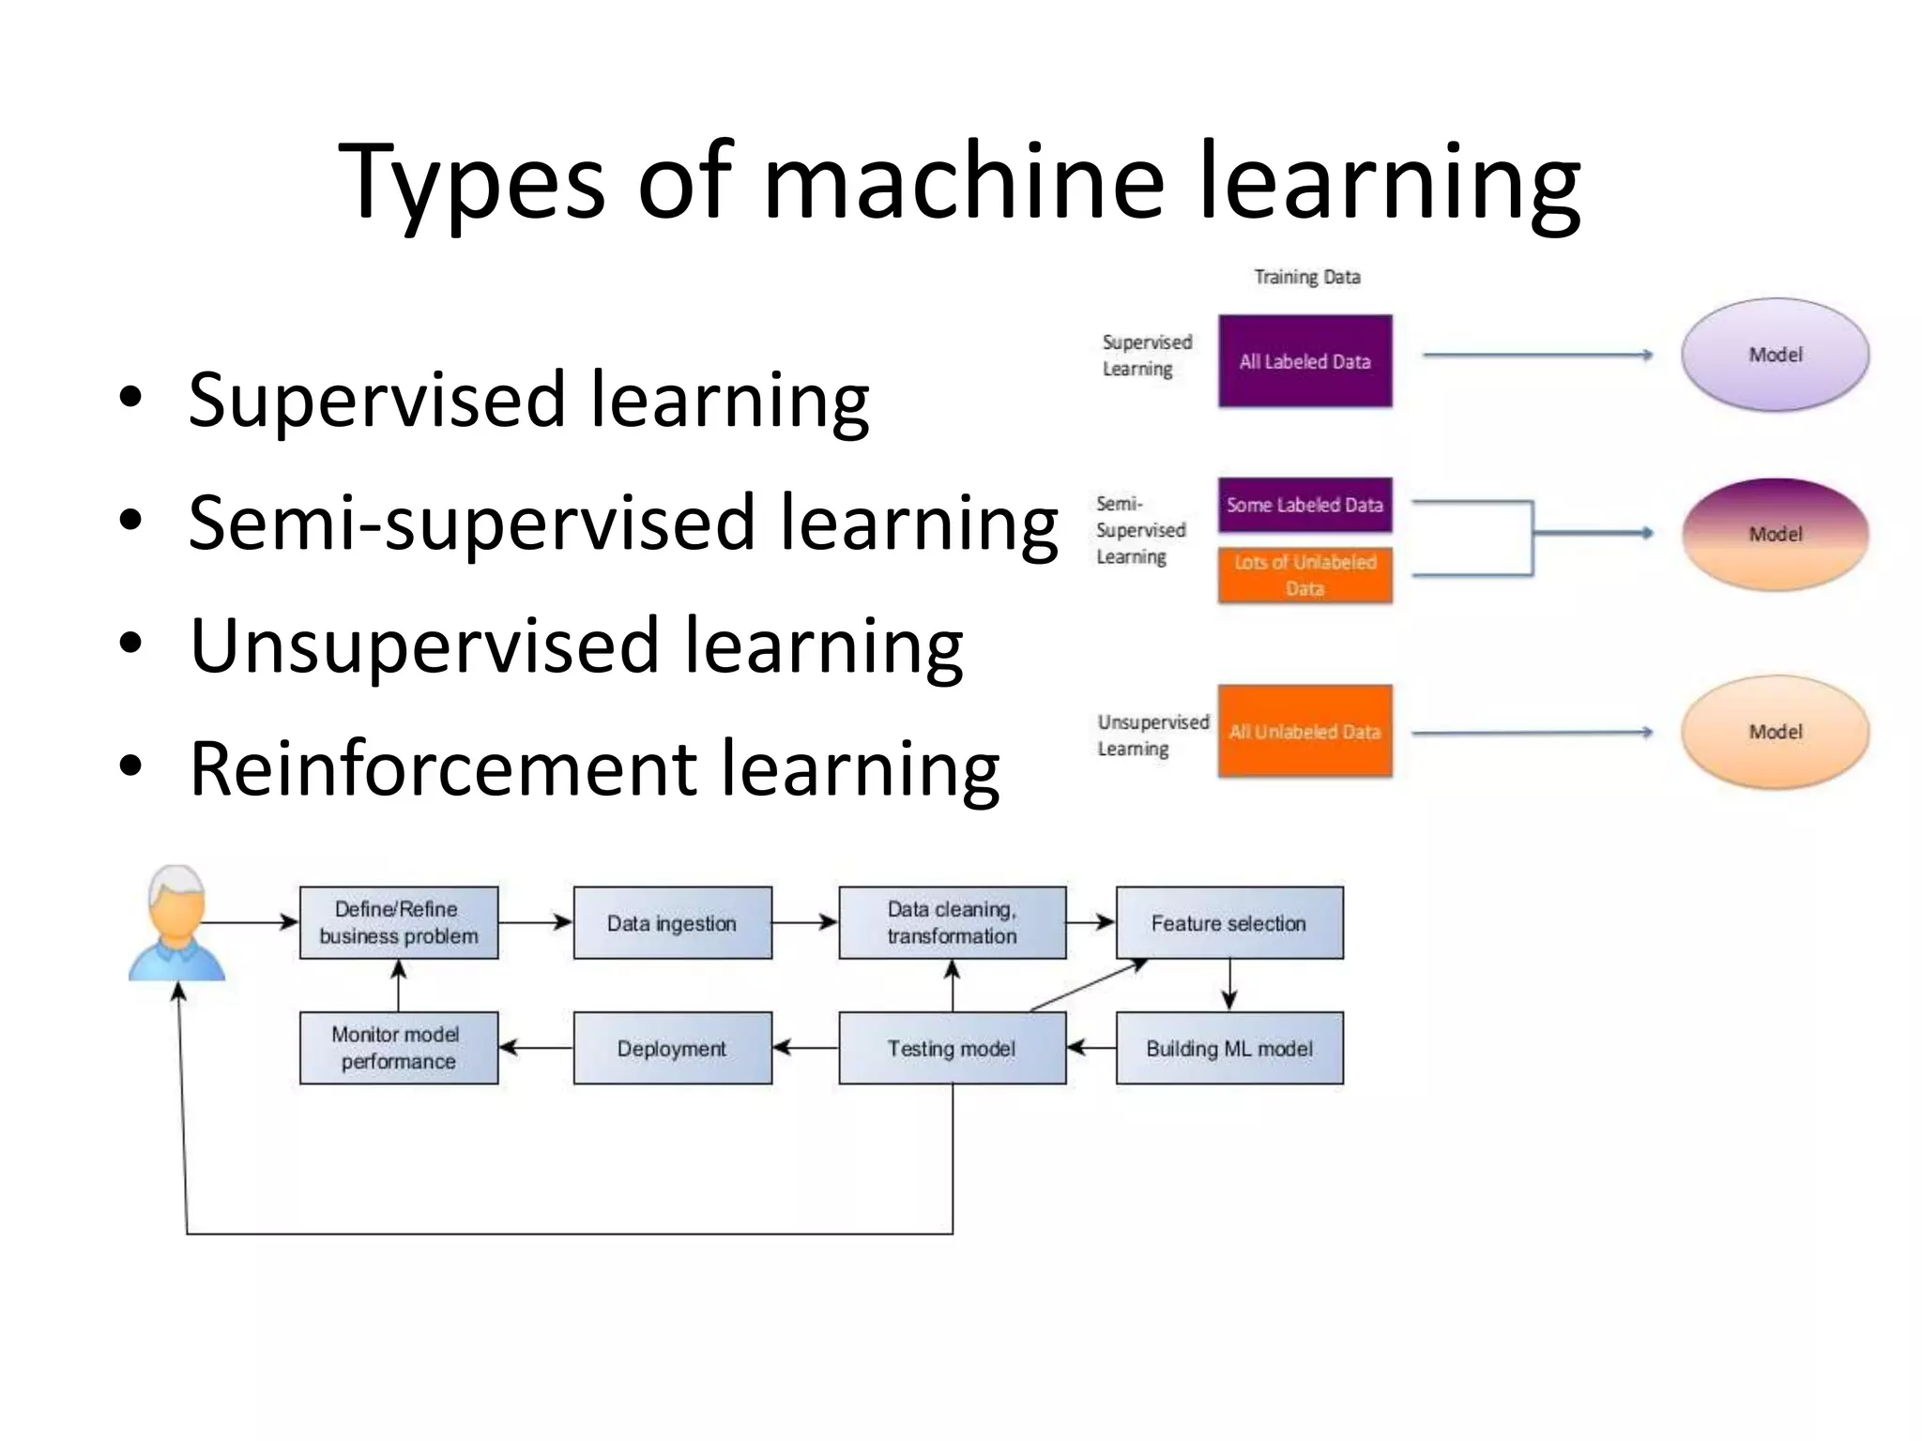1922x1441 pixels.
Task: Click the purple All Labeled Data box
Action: tap(1304, 361)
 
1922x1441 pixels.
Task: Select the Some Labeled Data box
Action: tap(1304, 505)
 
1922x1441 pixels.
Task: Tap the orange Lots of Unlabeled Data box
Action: tap(1304, 575)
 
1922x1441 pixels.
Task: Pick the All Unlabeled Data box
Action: tap(1304, 732)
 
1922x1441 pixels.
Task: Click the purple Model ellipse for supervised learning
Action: tap(1775, 355)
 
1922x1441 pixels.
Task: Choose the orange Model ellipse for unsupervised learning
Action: tap(1775, 732)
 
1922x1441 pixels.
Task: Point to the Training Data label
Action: tap(1306, 277)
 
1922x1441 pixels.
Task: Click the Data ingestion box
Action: tap(672, 923)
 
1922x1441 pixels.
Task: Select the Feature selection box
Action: tap(1228, 923)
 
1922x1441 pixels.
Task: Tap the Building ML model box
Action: tap(1228, 1048)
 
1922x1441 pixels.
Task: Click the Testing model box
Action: tap(952, 1048)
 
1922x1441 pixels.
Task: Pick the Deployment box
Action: tap(672, 1048)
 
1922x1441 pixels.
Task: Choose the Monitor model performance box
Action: tap(398, 1048)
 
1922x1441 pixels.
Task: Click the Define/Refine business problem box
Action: tap(398, 923)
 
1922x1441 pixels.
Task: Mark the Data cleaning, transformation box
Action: tap(952, 923)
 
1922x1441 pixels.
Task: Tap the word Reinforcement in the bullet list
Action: tap(441, 769)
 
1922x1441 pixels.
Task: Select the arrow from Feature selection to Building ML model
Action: tap(1229, 985)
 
